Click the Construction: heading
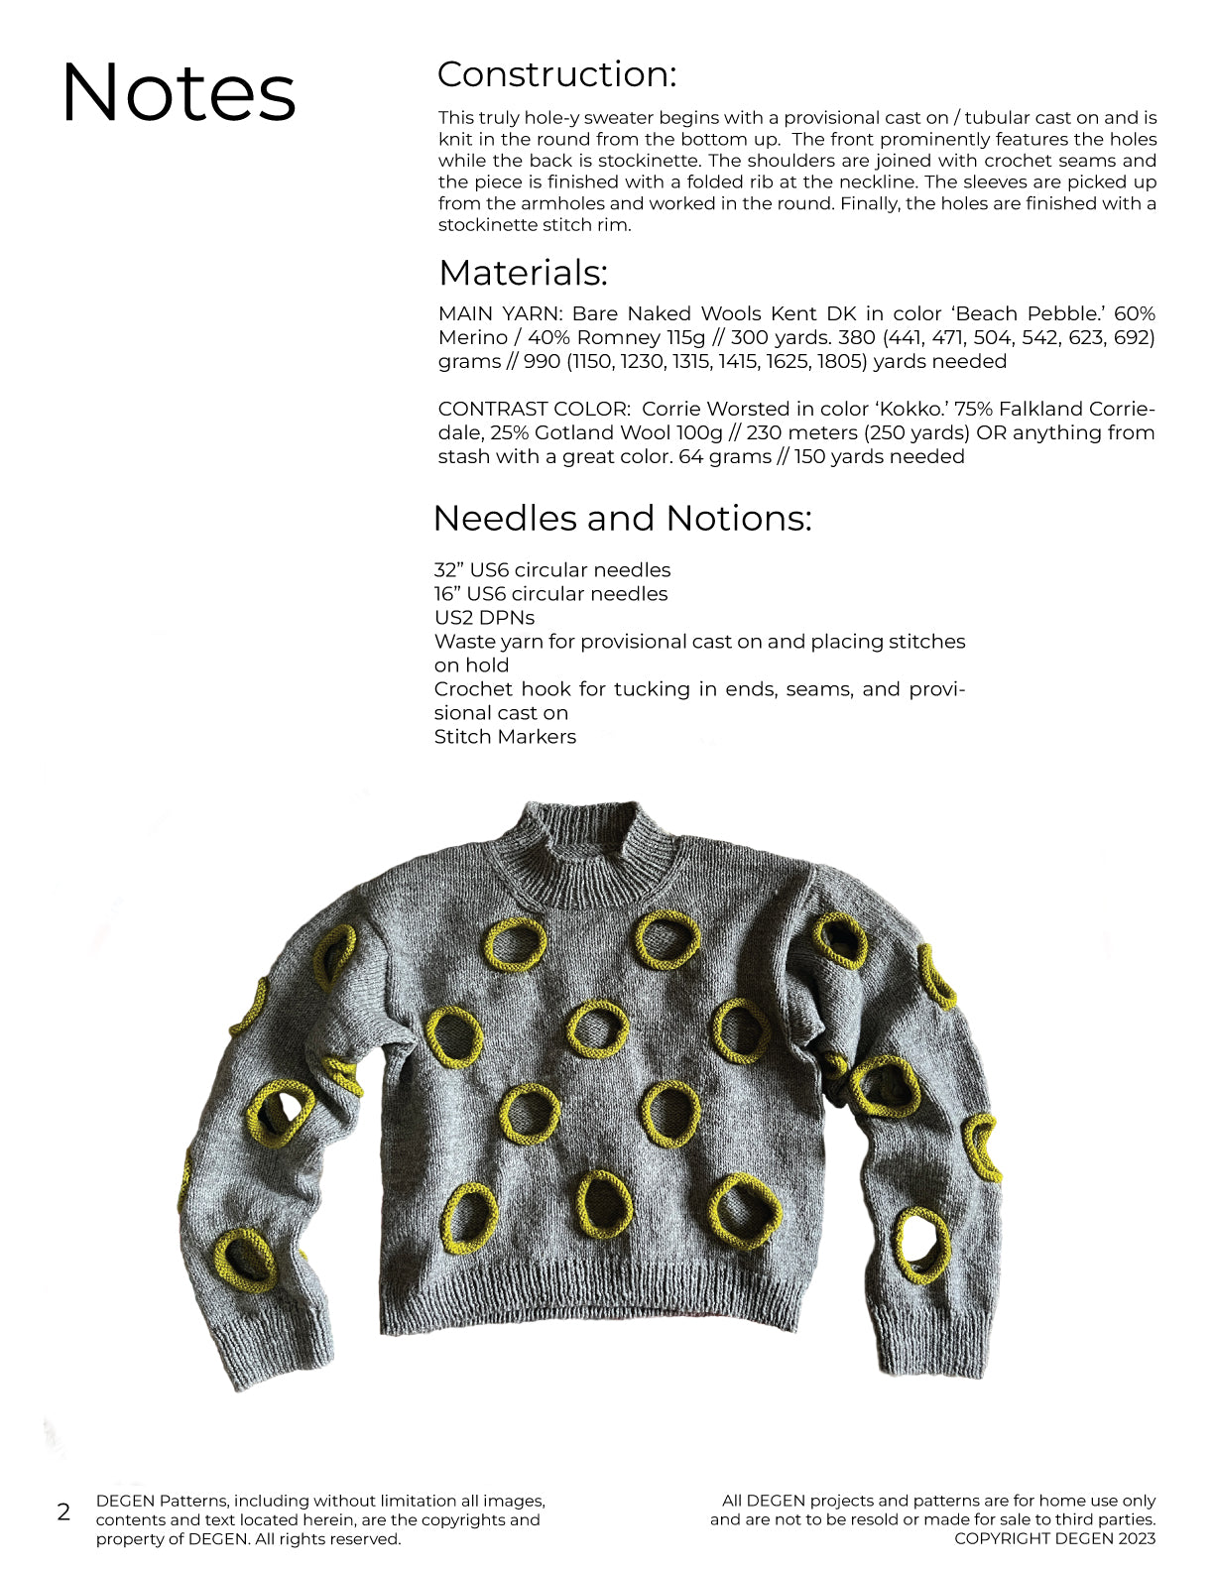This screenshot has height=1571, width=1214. (x=556, y=74)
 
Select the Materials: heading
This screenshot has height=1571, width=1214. (x=523, y=273)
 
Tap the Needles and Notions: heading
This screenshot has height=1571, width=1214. (x=622, y=518)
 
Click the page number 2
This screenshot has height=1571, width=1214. (x=64, y=1511)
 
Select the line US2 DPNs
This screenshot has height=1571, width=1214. (x=484, y=618)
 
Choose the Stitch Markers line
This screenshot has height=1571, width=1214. (x=505, y=737)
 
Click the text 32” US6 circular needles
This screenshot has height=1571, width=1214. (x=551, y=570)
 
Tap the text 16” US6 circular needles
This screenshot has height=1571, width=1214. (x=550, y=594)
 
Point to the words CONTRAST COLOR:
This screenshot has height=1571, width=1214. (x=534, y=410)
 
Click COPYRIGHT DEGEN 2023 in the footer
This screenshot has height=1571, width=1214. (x=1054, y=1538)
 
